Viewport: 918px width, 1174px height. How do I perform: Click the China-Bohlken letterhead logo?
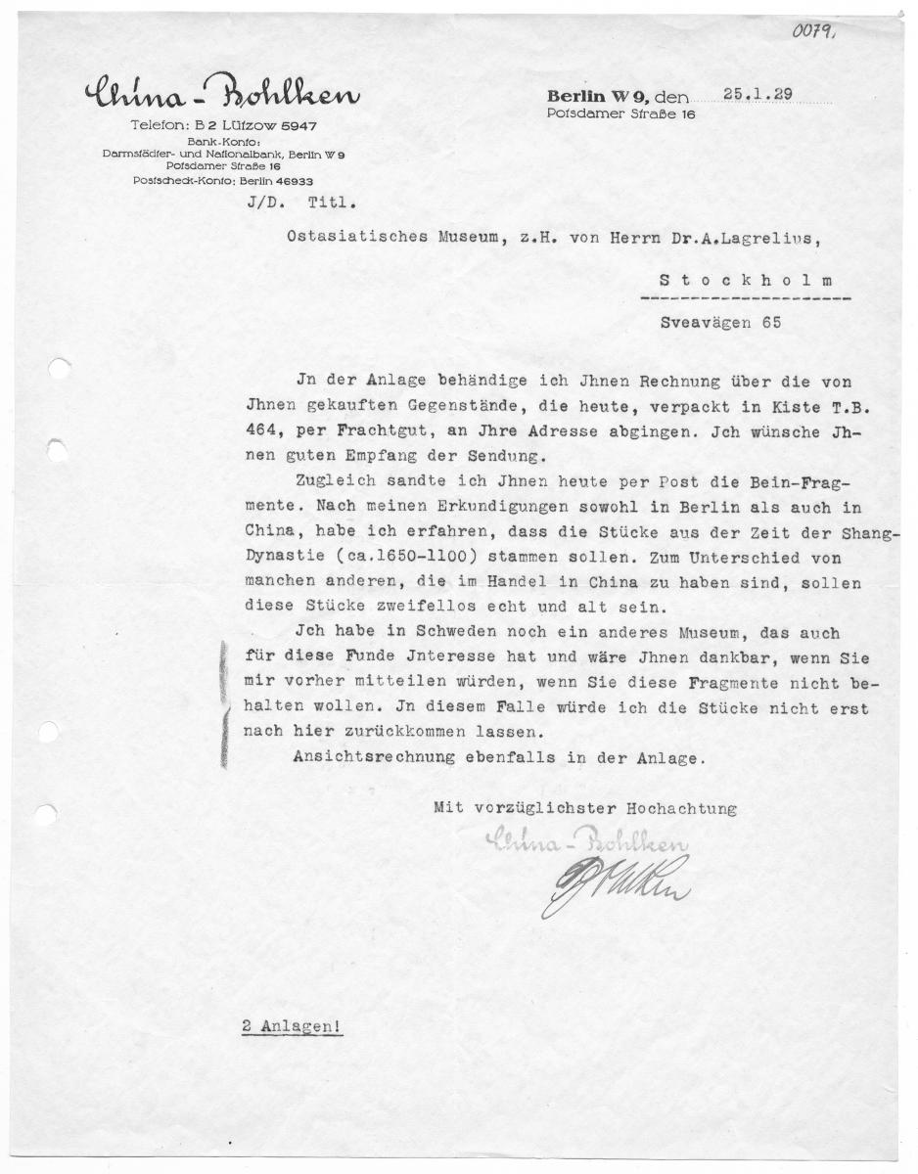(221, 96)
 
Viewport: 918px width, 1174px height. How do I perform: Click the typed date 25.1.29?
(758, 94)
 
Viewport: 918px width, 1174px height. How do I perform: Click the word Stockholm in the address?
(753, 280)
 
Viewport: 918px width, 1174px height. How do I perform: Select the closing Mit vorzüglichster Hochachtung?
(585, 809)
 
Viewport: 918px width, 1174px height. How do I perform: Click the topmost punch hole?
(60, 370)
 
